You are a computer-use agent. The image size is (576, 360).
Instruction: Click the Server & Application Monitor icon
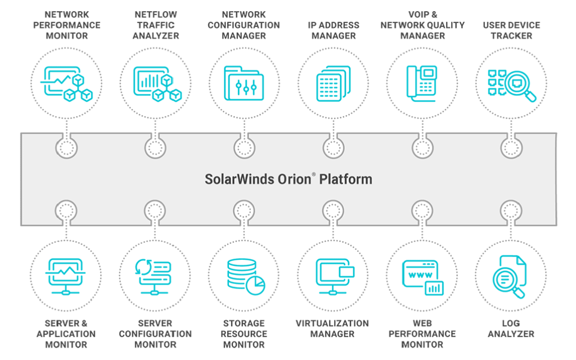pyautogui.click(x=66, y=275)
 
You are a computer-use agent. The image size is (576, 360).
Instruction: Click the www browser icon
pyautogui.click(x=422, y=276)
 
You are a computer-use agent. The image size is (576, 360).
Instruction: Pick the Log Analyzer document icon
pyautogui.click(x=511, y=276)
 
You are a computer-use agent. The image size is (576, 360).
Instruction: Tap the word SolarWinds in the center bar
pyautogui.click(x=235, y=179)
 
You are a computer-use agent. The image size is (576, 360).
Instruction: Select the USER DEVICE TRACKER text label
pyautogui.click(x=511, y=30)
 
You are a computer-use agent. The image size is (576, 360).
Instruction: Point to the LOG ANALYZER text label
pyautogui.click(x=511, y=328)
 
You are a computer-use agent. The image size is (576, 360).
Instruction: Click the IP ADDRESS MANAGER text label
pyautogui.click(x=332, y=30)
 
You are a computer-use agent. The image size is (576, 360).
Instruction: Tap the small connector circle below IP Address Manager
pyautogui.click(x=333, y=148)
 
